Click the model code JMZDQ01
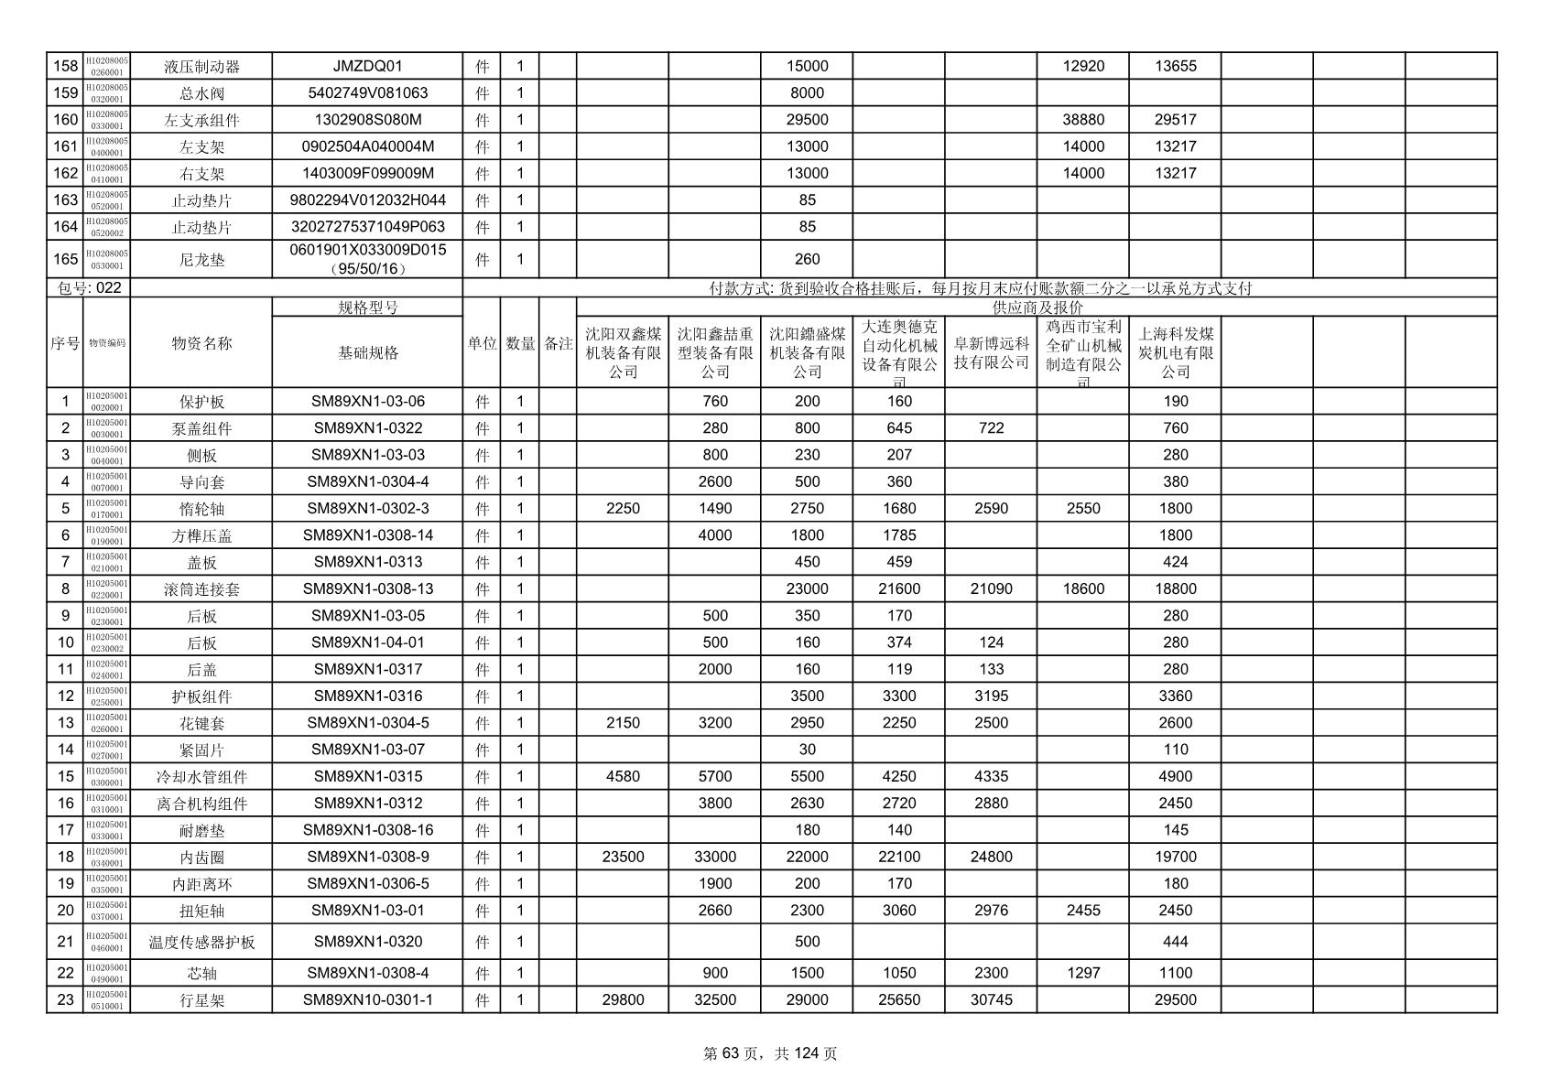[367, 66]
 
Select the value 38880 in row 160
[1082, 119]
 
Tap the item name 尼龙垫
[201, 260]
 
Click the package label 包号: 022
[89, 288]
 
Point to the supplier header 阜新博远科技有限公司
[991, 352]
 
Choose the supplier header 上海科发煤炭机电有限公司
[1175, 352]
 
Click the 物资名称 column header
[201, 343]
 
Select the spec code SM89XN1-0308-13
[367, 588]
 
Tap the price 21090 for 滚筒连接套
[991, 588]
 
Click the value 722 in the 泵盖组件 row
[991, 427]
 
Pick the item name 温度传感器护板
[201, 942]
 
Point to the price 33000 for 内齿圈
[714, 857]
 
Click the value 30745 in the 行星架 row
[991, 999]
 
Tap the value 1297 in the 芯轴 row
[1082, 973]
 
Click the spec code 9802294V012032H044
[367, 200]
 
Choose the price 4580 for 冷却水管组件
[623, 776]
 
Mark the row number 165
[65, 259]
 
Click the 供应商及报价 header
[1037, 308]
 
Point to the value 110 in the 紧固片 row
[1175, 750]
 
